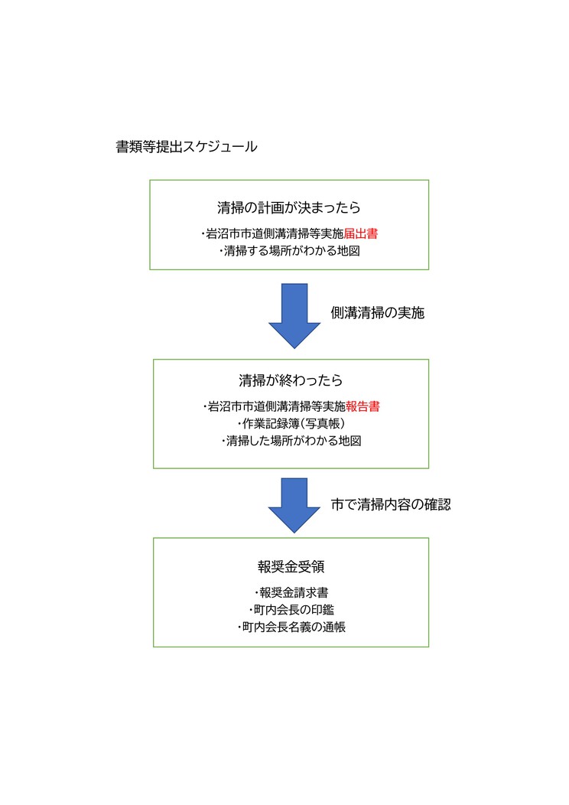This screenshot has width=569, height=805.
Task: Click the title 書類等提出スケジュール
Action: (x=187, y=147)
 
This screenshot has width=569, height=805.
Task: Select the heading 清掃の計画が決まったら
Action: (x=289, y=208)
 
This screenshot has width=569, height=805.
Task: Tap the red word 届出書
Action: (x=361, y=234)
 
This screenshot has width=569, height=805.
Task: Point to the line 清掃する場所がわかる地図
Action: (x=290, y=251)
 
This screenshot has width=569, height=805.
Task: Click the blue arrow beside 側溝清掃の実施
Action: (x=294, y=316)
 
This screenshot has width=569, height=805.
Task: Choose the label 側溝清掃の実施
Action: (x=378, y=313)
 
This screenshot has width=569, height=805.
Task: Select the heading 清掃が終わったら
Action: (x=291, y=380)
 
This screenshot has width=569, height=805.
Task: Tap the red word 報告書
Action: (x=363, y=406)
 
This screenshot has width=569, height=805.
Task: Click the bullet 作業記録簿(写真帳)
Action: (x=291, y=424)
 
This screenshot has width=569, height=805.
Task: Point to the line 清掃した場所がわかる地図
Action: (x=291, y=441)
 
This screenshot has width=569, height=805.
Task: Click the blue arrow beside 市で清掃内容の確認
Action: (x=294, y=505)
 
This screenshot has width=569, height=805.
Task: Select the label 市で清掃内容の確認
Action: (x=391, y=505)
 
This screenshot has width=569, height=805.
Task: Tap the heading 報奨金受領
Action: (x=291, y=567)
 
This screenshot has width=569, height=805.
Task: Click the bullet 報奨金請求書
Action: (x=291, y=593)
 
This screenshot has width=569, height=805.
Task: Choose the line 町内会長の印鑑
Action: (x=291, y=610)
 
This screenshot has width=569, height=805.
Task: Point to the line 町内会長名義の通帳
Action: (x=291, y=627)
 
